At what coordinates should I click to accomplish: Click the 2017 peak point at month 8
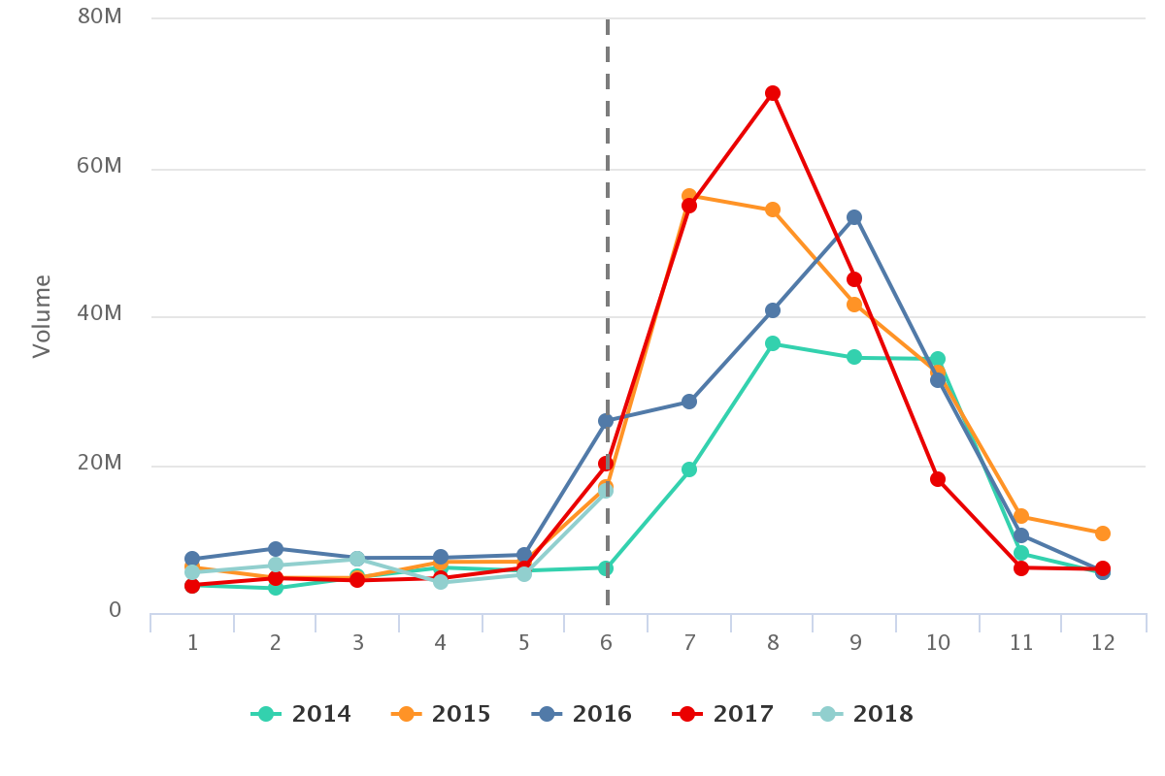point(773,93)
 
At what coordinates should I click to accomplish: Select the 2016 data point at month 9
point(854,217)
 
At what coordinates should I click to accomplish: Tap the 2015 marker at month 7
point(689,196)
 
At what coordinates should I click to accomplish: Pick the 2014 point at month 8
point(773,343)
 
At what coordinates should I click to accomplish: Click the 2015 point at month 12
point(1103,533)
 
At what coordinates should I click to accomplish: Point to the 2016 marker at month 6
point(606,421)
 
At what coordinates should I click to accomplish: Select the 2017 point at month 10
point(938,479)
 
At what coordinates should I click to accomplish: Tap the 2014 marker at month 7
point(689,469)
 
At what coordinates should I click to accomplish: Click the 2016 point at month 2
point(276,549)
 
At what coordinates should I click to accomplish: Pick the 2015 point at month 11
point(1021,516)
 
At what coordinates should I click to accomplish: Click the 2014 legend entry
point(301,715)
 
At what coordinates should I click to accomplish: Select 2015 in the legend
point(442,715)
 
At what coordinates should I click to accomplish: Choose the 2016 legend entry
point(582,715)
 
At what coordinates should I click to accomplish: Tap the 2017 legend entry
point(723,715)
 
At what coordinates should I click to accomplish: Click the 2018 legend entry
point(863,715)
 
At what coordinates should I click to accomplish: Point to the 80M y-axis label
point(99,17)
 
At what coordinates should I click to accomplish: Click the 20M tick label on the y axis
point(99,463)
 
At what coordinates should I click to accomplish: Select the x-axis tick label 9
point(855,642)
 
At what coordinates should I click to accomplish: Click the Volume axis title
point(42,316)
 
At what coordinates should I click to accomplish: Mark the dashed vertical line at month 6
point(608,291)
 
